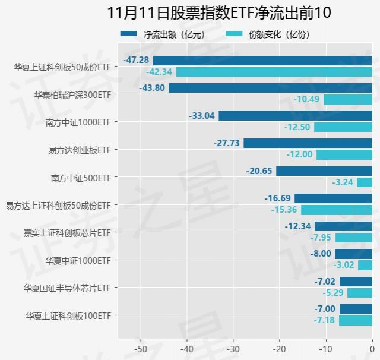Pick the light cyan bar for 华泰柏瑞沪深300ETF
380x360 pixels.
point(347,99)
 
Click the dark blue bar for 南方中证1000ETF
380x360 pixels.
point(295,116)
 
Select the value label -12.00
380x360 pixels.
point(299,154)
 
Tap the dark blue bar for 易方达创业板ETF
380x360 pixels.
point(308,143)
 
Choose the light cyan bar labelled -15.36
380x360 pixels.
point(336,210)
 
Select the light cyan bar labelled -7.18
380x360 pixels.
point(355,320)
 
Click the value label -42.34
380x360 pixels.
point(159,71)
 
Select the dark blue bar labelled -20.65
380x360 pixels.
point(324,171)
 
